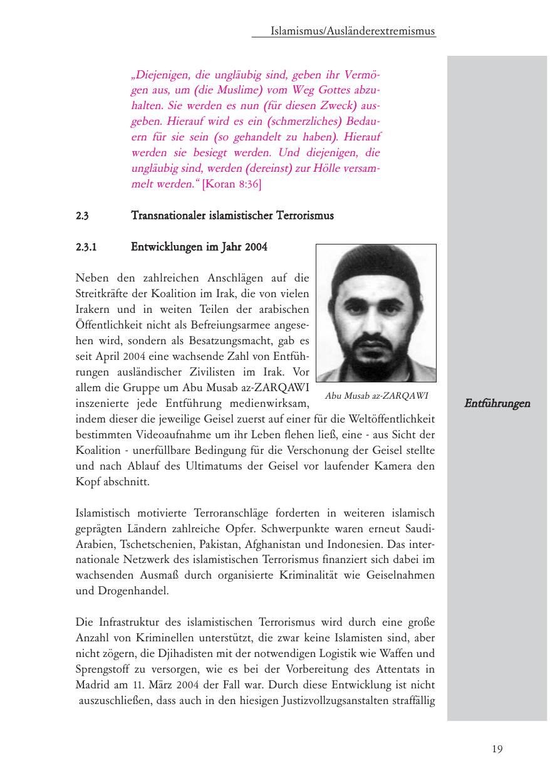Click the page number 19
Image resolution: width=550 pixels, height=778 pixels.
[497, 749]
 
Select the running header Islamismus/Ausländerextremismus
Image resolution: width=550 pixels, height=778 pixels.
[353, 31]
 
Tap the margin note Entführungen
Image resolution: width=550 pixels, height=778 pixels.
[497, 403]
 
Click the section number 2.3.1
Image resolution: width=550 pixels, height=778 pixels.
[85, 247]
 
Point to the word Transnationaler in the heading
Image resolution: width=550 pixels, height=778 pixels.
[164, 216]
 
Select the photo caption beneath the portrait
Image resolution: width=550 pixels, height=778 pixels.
[376, 395]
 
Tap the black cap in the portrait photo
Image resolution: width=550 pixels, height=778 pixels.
[376, 266]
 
